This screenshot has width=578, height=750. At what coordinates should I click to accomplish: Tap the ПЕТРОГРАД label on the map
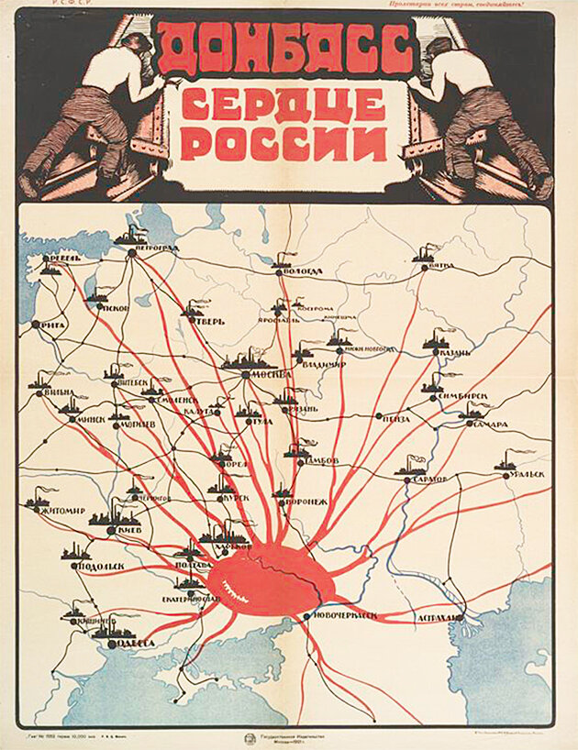coord(154,248)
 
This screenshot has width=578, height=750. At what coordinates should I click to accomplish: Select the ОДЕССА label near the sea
coord(134,644)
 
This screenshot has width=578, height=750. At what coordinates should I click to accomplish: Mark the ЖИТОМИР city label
coord(61,511)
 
